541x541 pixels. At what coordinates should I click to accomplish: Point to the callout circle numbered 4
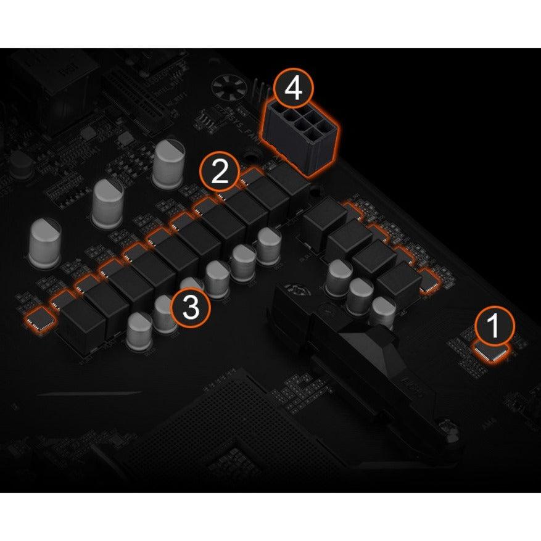click(x=293, y=89)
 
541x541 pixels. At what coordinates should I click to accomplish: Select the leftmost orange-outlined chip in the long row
click(x=39, y=318)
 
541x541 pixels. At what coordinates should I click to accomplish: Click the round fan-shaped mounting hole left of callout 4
click(x=229, y=89)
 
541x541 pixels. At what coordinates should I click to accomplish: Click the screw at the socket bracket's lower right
click(x=445, y=426)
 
